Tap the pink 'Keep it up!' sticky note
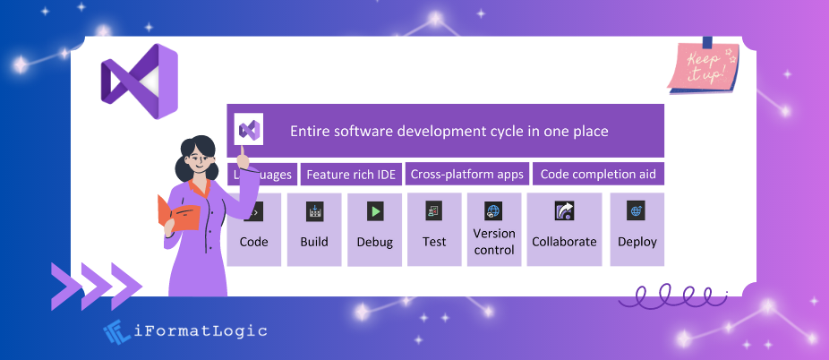click(704, 66)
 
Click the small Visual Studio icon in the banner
click(250, 131)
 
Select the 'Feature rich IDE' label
click(350, 174)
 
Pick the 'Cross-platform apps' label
click(466, 174)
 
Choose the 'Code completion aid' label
click(598, 174)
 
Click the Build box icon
click(314, 211)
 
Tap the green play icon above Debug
click(375, 211)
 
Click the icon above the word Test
click(434, 211)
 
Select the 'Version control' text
click(494, 242)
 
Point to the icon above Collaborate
click(564, 211)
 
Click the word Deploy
click(637, 242)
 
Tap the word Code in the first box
click(253, 242)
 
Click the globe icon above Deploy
click(637, 211)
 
